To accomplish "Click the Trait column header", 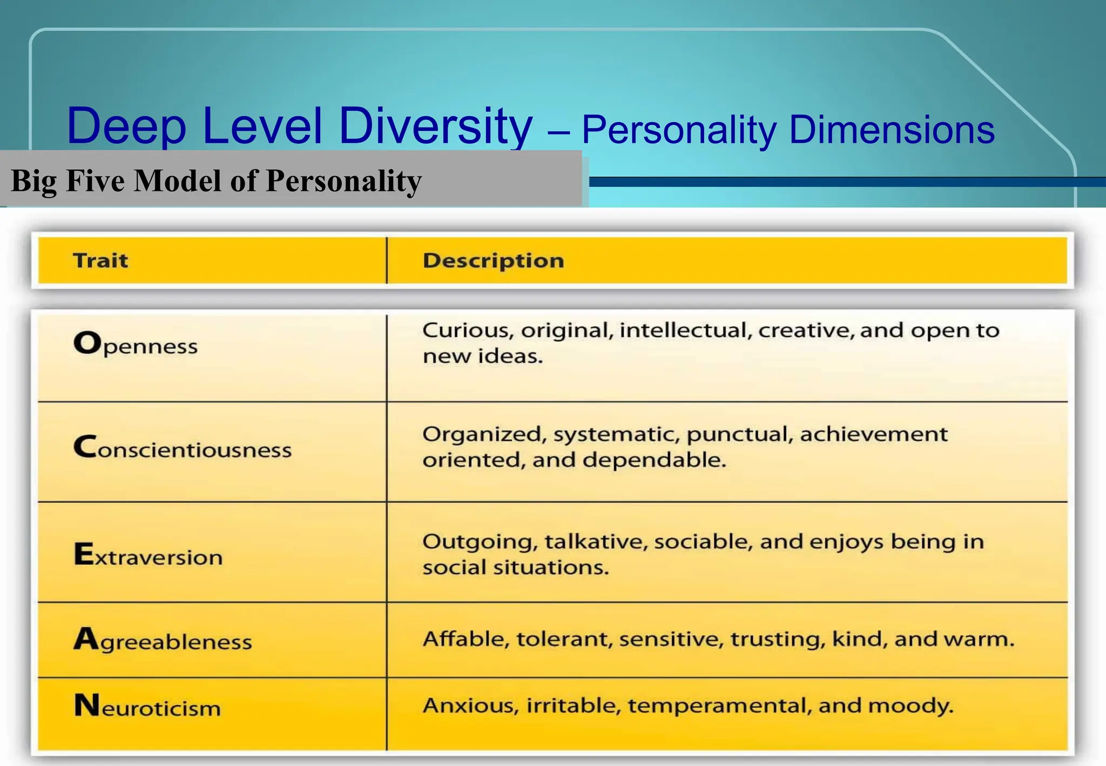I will [100, 260].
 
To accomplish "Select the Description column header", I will [493, 261].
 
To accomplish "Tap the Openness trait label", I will [136, 344].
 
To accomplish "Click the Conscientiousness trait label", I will [183, 448].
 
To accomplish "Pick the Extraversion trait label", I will [148, 555].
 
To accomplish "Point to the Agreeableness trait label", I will [163, 640].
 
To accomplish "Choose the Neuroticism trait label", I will [147, 707].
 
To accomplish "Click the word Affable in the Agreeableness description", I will [466, 639].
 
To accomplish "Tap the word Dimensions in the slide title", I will [892, 130].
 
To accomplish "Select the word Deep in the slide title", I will [126, 127].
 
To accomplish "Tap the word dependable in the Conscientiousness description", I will [654, 460].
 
